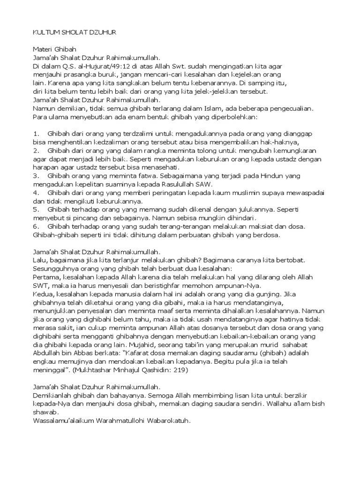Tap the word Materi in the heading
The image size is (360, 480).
click(43, 49)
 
